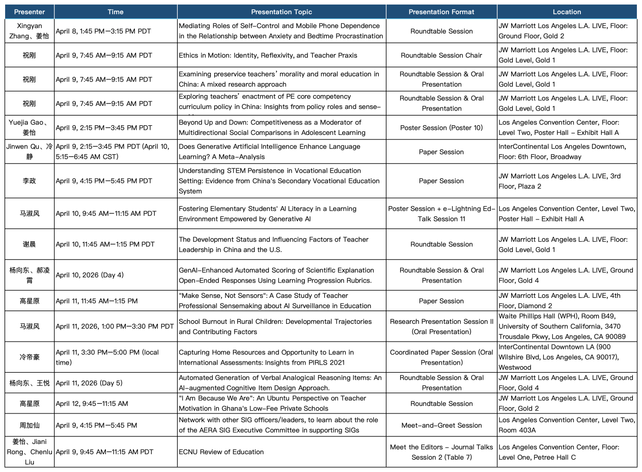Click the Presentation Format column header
point(441,12)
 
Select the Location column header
point(567,12)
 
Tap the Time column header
point(116,12)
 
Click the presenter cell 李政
point(30,181)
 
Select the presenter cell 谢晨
point(30,244)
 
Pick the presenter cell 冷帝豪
point(30,357)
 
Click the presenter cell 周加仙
point(30,425)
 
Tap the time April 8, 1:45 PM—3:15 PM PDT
point(104,31)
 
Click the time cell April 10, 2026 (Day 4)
point(90,275)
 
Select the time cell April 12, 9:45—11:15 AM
point(92,403)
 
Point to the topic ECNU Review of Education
point(221,452)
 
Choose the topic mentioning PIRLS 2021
point(266,357)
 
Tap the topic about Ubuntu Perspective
point(279,403)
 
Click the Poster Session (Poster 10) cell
point(441,128)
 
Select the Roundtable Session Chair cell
point(441,55)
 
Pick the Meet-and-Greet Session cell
point(441,425)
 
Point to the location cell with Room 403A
point(567,425)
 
